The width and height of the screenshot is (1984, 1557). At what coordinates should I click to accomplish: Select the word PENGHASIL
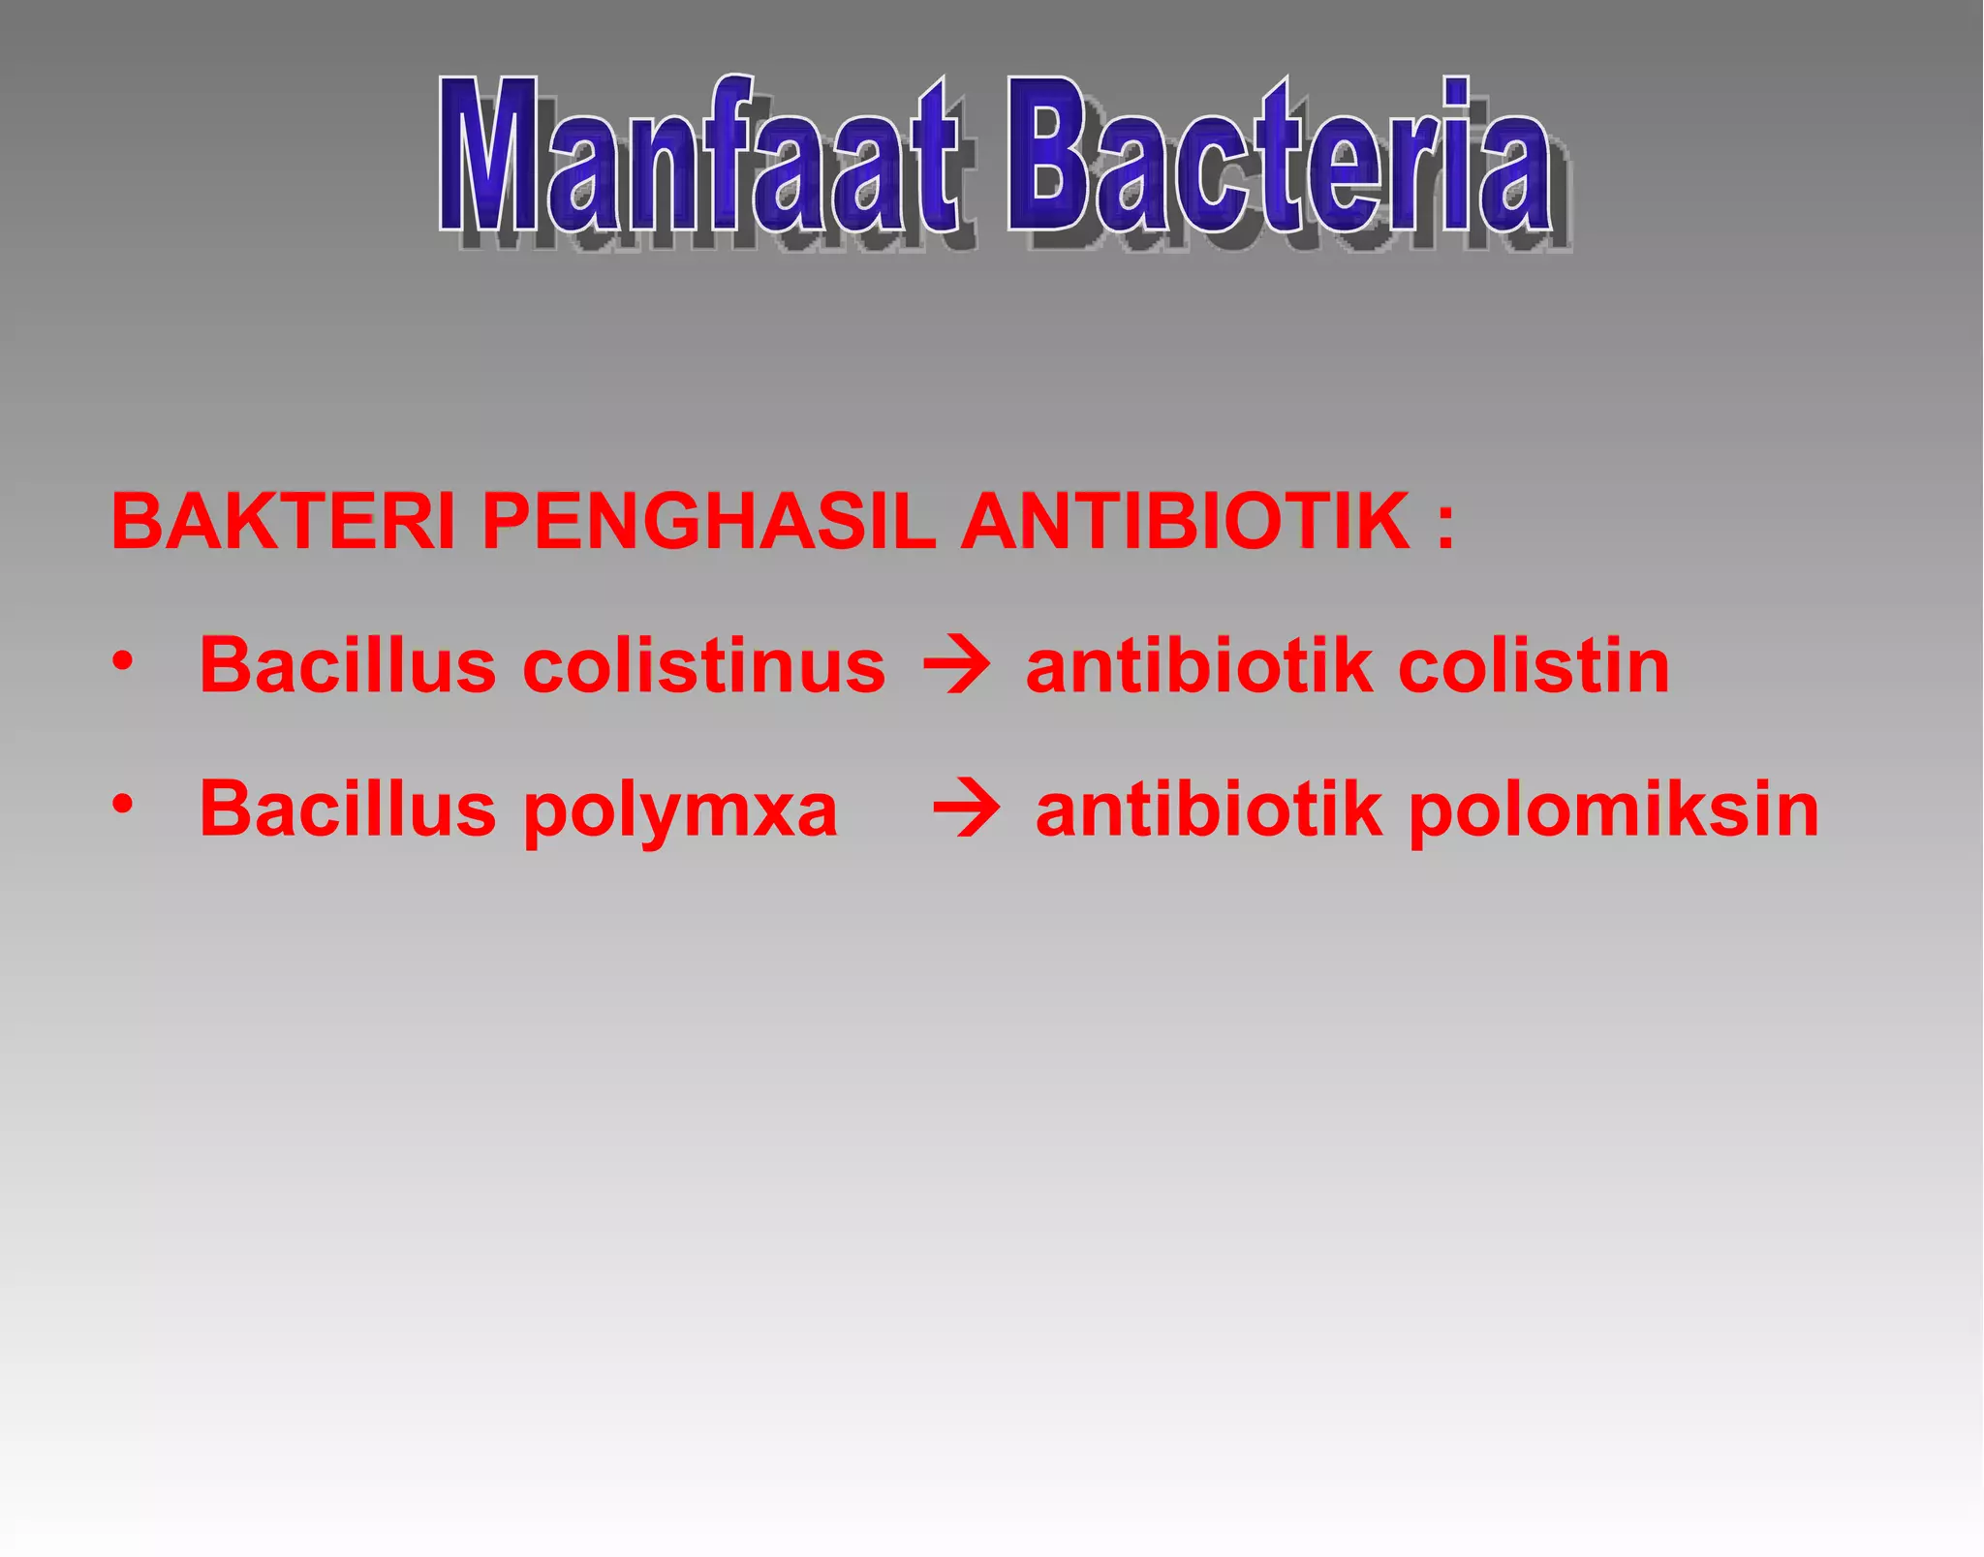coord(708,522)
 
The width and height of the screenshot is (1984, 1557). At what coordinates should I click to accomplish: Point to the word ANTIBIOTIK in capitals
coord(1185,522)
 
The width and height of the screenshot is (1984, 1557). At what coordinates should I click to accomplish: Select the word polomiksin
coord(1613,811)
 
